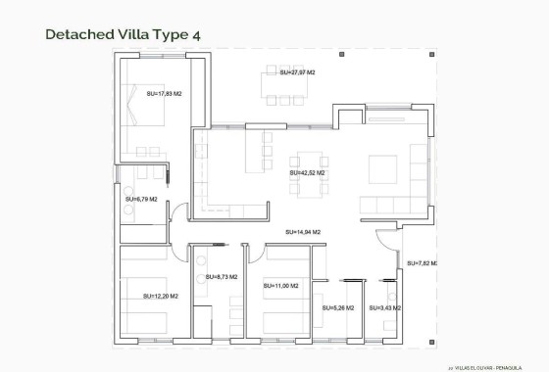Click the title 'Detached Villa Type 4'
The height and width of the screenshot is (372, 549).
tap(123, 34)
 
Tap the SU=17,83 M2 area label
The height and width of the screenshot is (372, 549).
tap(164, 93)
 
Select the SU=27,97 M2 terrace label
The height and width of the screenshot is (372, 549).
tap(297, 72)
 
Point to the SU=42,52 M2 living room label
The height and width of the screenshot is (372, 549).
tap(307, 172)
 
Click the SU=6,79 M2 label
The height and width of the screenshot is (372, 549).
tap(141, 199)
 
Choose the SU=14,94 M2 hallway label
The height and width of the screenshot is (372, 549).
tap(303, 232)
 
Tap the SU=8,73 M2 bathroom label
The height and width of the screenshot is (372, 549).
tap(223, 278)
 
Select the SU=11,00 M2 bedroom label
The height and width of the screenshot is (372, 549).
tap(280, 286)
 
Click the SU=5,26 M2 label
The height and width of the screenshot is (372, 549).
tap(337, 308)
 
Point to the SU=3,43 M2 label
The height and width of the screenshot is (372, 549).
tap(384, 308)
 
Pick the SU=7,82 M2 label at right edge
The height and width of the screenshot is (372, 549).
tap(423, 263)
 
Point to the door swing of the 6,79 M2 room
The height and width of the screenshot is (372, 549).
tap(175, 209)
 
